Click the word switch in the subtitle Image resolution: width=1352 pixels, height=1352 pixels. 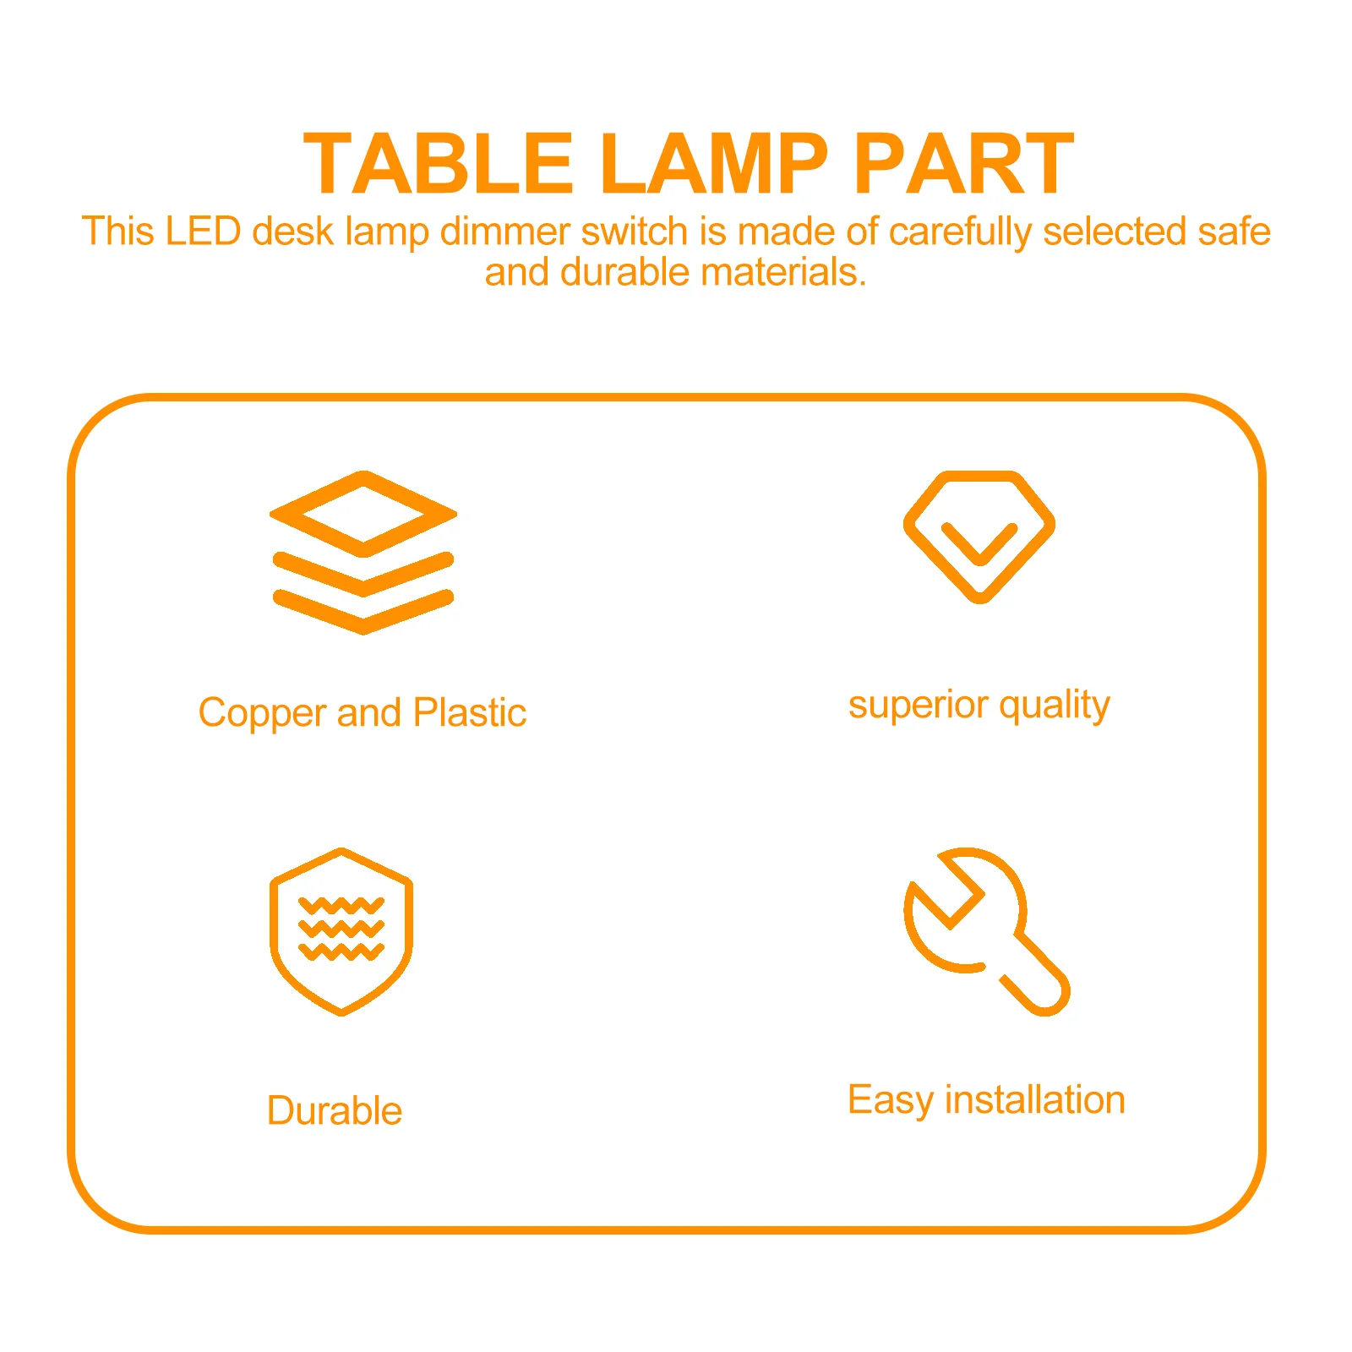(634, 232)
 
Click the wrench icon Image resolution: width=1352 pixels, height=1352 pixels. (985, 930)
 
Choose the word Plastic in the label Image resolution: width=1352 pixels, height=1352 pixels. (470, 712)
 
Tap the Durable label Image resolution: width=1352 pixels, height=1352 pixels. (335, 1110)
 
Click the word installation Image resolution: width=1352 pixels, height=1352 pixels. (1034, 1100)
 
